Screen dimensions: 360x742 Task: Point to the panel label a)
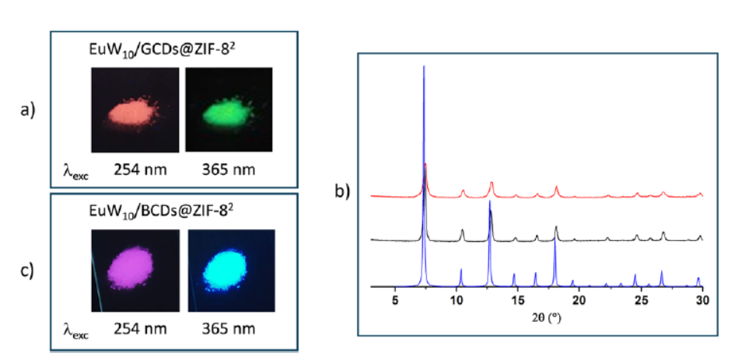point(28,110)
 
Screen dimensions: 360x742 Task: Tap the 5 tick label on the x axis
point(395,301)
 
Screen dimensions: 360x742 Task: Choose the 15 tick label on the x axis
point(518,301)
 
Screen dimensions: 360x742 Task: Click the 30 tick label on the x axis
point(702,301)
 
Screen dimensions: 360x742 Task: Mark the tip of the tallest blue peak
point(424,66)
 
